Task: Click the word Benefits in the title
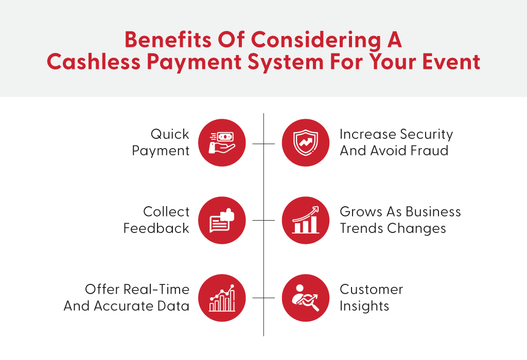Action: click(x=168, y=40)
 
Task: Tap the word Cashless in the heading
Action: click(x=94, y=62)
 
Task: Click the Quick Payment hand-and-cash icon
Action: click(x=222, y=143)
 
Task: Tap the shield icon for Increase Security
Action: click(x=306, y=143)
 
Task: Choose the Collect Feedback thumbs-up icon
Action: click(x=222, y=220)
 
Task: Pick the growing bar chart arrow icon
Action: click(x=306, y=220)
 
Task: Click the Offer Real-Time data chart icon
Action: click(x=222, y=298)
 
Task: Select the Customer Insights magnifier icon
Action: click(x=306, y=298)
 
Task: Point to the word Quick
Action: click(x=170, y=134)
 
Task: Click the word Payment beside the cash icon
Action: click(x=161, y=151)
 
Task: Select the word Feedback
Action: click(x=156, y=228)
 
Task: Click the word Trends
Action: click(x=362, y=228)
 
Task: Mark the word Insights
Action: click(x=364, y=307)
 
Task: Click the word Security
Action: click(x=427, y=135)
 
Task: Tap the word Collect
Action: click(x=166, y=211)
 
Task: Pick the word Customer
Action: click(x=372, y=290)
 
